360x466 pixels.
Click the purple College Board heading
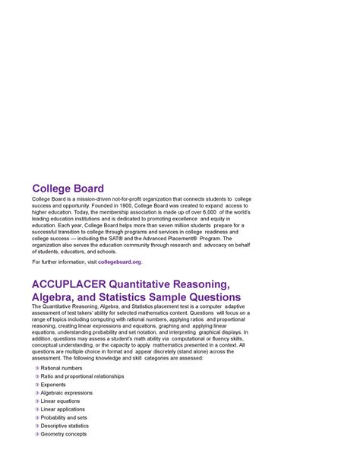(68, 189)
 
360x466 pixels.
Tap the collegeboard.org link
(119, 262)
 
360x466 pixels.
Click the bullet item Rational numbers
(62, 368)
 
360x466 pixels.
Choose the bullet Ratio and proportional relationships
(82, 376)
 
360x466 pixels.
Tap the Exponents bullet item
(53, 385)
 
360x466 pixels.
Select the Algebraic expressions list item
(67, 393)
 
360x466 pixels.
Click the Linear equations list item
(60, 401)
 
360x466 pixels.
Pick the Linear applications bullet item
(63, 410)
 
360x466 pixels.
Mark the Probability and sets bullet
(64, 418)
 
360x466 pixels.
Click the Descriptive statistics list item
(65, 426)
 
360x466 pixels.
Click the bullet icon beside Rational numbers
(36, 368)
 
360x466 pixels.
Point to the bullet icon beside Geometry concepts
(36, 435)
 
